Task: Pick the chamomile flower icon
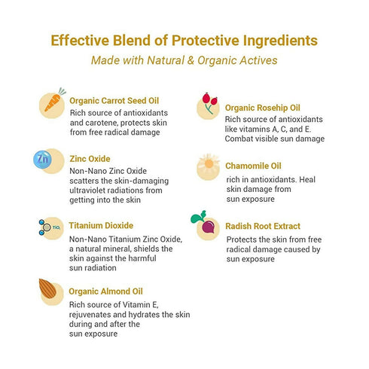[208, 165]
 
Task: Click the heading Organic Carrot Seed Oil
[124, 100]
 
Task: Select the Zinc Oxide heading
[90, 159]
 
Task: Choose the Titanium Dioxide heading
[101, 225]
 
